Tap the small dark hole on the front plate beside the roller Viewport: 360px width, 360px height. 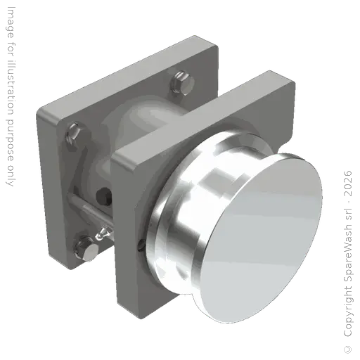click(x=141, y=245)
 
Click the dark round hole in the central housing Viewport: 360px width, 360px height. click(x=106, y=194)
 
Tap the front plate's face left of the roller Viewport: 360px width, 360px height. click(x=134, y=197)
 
